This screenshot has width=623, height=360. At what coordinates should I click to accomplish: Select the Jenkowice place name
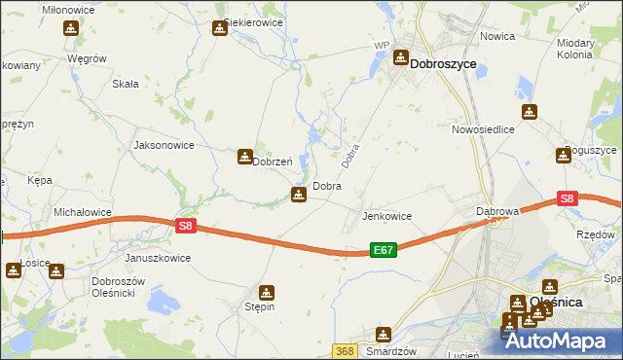[x=386, y=216]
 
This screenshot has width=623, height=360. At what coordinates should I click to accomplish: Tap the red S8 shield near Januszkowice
[x=188, y=226]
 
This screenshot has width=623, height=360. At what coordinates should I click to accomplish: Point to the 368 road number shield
[x=344, y=350]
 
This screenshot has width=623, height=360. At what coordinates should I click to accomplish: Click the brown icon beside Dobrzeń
[x=244, y=156]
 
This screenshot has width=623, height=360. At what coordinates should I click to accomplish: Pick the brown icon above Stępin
[x=266, y=292]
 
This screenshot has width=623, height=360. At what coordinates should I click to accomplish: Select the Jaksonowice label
[x=164, y=145]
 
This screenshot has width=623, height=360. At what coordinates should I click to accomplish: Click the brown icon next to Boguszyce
[x=564, y=154]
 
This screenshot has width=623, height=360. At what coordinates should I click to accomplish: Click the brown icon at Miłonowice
[x=70, y=27]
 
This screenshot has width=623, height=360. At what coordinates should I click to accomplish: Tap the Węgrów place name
[x=87, y=58]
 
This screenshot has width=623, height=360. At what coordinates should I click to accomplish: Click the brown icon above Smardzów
[x=384, y=335]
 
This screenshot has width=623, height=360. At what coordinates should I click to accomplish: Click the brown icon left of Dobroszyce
[x=400, y=58]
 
